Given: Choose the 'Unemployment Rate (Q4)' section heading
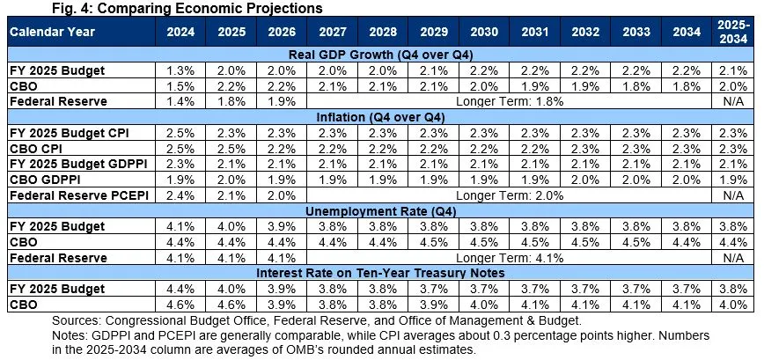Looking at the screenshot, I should point(381,211).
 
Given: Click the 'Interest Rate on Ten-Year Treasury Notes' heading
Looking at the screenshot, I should point(381,275).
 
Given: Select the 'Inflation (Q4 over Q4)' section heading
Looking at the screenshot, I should point(381,117).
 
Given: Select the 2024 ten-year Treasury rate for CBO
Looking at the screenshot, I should point(179,305).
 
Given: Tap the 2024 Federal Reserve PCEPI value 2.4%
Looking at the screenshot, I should point(179,195).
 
